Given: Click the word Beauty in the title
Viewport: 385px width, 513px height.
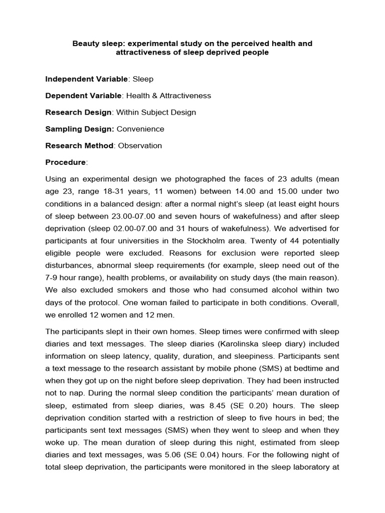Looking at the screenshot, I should tap(85, 44).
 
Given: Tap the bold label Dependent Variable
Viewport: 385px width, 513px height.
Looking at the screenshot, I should tap(83, 96).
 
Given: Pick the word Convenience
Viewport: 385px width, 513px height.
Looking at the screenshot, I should tap(140, 129).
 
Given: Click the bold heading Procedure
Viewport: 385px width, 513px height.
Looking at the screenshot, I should tap(66, 162).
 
